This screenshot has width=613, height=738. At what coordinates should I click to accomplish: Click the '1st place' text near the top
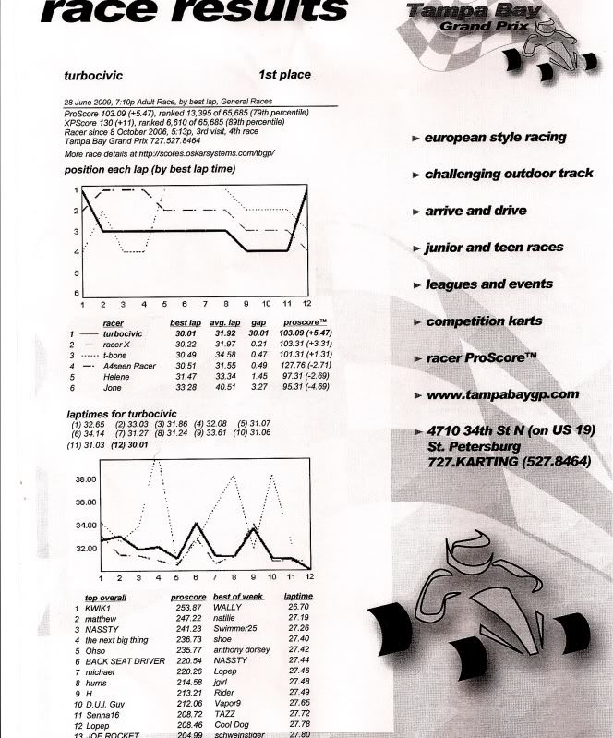285,74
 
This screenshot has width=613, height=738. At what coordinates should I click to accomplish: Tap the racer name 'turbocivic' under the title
95,79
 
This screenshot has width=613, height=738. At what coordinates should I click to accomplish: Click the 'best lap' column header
186,323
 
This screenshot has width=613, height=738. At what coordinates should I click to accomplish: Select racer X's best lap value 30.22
186,344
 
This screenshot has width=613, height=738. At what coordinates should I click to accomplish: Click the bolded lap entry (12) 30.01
132,445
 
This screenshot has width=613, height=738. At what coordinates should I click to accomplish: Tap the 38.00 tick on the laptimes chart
86,478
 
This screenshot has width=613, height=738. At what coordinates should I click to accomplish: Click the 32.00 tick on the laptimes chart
86,549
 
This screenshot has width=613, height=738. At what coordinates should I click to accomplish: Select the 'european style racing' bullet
495,137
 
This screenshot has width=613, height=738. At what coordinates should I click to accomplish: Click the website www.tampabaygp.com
502,394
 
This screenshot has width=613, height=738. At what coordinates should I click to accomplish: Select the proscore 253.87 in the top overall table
188,609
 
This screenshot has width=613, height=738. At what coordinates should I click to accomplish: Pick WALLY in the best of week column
227,609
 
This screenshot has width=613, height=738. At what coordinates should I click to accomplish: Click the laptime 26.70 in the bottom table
299,608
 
